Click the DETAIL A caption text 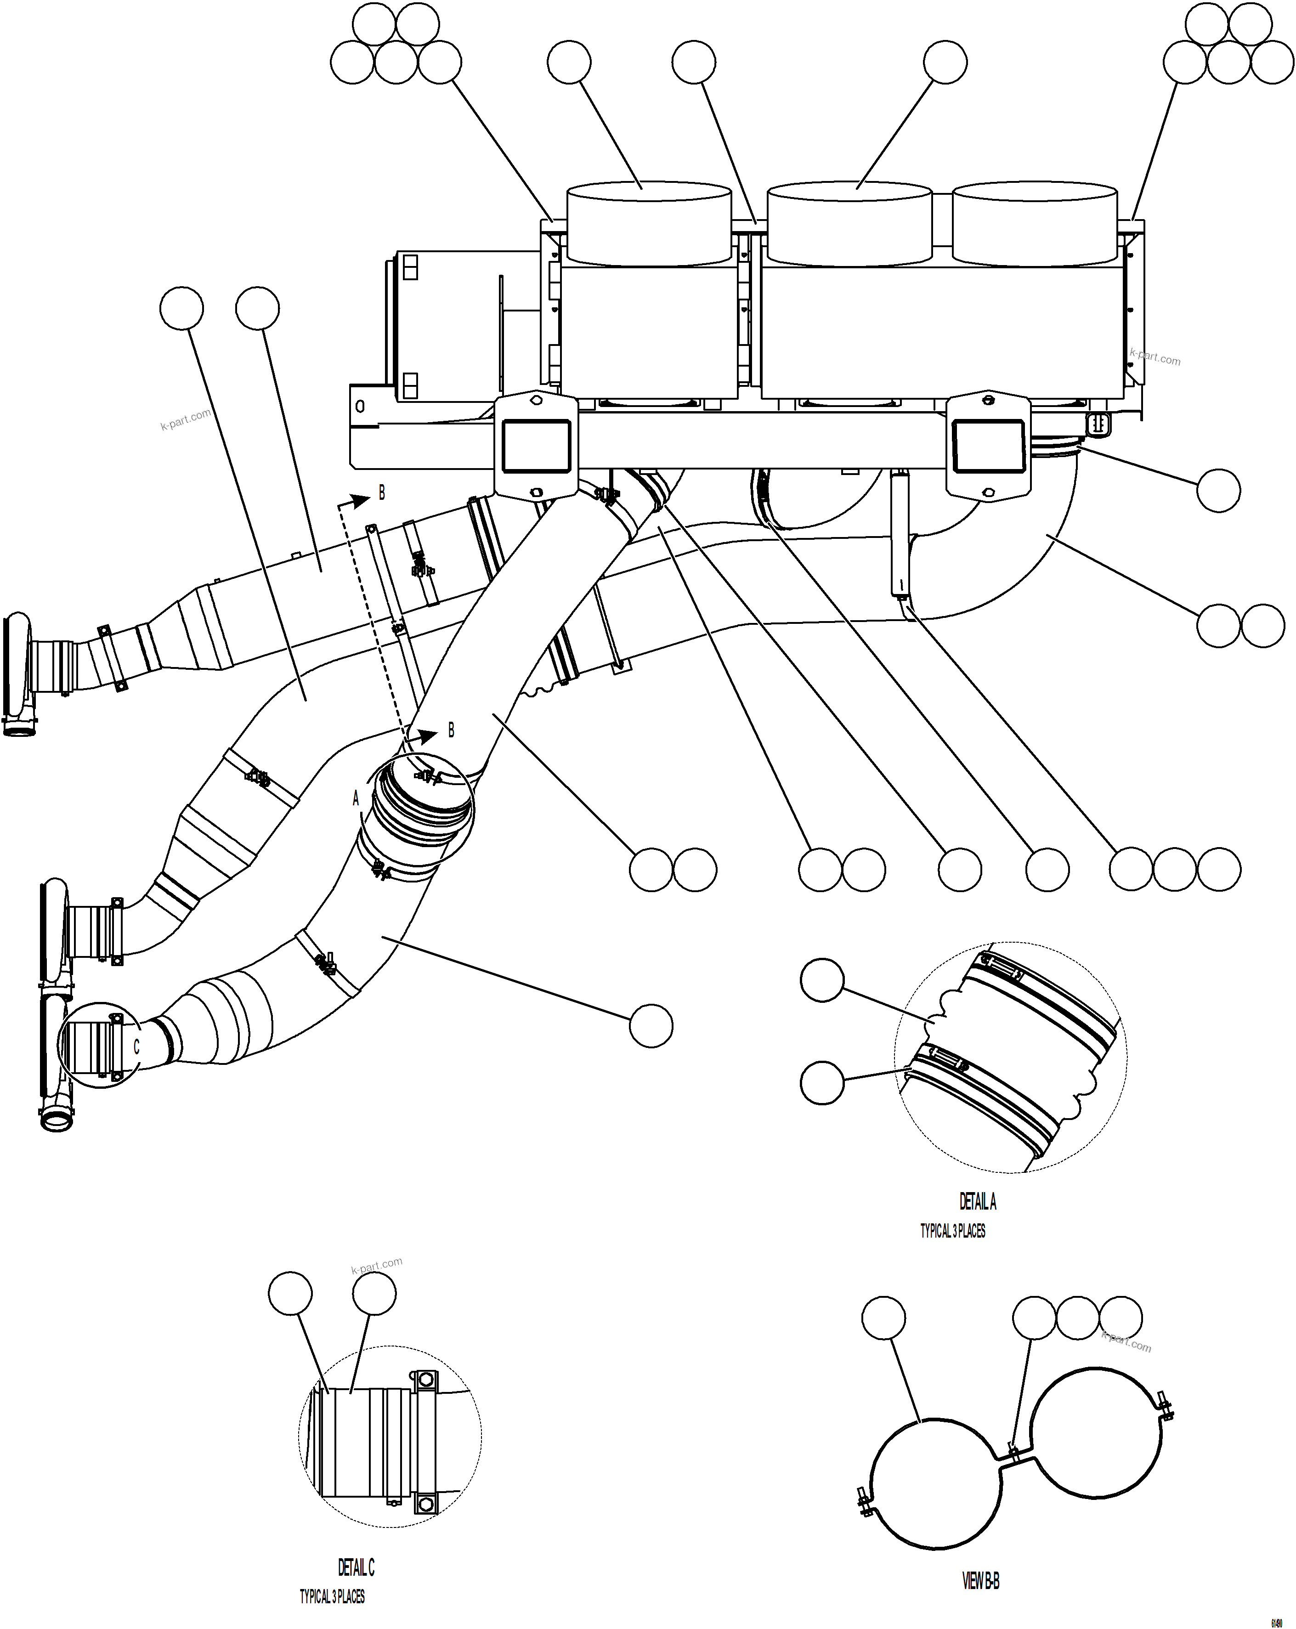(x=977, y=1201)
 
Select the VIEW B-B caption (x=980, y=1581)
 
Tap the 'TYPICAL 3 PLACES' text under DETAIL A (x=952, y=1231)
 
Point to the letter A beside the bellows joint (x=356, y=798)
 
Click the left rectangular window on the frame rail (x=535, y=446)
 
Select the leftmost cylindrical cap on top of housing (x=648, y=223)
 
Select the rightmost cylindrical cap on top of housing (x=1035, y=223)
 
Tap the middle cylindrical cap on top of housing (x=849, y=223)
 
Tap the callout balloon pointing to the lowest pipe (x=651, y=1025)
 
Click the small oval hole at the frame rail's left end (x=360, y=407)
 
